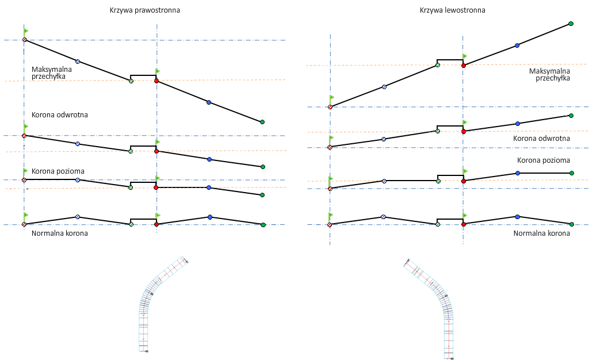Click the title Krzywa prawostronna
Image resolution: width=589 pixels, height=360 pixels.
[145, 10]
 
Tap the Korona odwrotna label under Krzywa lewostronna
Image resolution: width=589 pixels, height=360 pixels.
[541, 139]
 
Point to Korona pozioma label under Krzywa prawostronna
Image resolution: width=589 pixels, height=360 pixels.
[58, 171]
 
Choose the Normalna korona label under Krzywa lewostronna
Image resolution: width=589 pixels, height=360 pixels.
[541, 233]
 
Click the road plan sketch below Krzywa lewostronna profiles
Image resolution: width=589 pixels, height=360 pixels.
[435, 305]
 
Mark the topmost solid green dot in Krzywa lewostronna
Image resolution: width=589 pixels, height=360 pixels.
[571, 24]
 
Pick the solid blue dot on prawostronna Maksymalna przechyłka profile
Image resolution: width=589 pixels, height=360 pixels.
[209, 102]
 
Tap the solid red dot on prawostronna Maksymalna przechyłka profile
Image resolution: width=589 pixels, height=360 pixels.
[156, 81]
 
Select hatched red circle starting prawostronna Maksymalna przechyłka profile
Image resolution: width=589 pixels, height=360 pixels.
[24, 40]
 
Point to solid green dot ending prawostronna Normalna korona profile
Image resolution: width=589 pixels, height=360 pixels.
[263, 225]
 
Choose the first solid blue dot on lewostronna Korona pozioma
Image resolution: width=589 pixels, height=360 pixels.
[518, 173]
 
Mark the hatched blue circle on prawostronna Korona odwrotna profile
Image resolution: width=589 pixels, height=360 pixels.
[78, 144]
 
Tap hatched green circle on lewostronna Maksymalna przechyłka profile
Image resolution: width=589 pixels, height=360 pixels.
[438, 66]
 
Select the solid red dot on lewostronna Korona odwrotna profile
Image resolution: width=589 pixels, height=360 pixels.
[464, 131]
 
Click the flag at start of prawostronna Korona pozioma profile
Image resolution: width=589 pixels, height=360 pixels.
[25, 171]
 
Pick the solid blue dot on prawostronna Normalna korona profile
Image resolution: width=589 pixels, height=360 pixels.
[210, 217]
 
